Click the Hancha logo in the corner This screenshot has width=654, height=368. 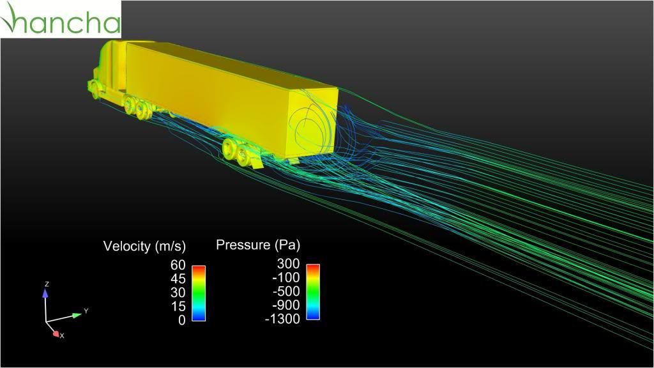61,19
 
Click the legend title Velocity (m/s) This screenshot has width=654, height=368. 144,246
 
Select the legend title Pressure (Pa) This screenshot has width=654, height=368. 258,245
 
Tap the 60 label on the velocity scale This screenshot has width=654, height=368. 178,264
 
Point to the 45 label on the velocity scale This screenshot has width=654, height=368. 178,279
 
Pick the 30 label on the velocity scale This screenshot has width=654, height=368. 178,292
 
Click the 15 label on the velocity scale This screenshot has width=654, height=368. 178,306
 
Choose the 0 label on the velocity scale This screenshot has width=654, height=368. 182,320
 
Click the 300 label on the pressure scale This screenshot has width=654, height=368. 288,263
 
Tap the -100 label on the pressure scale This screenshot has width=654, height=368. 285,277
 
